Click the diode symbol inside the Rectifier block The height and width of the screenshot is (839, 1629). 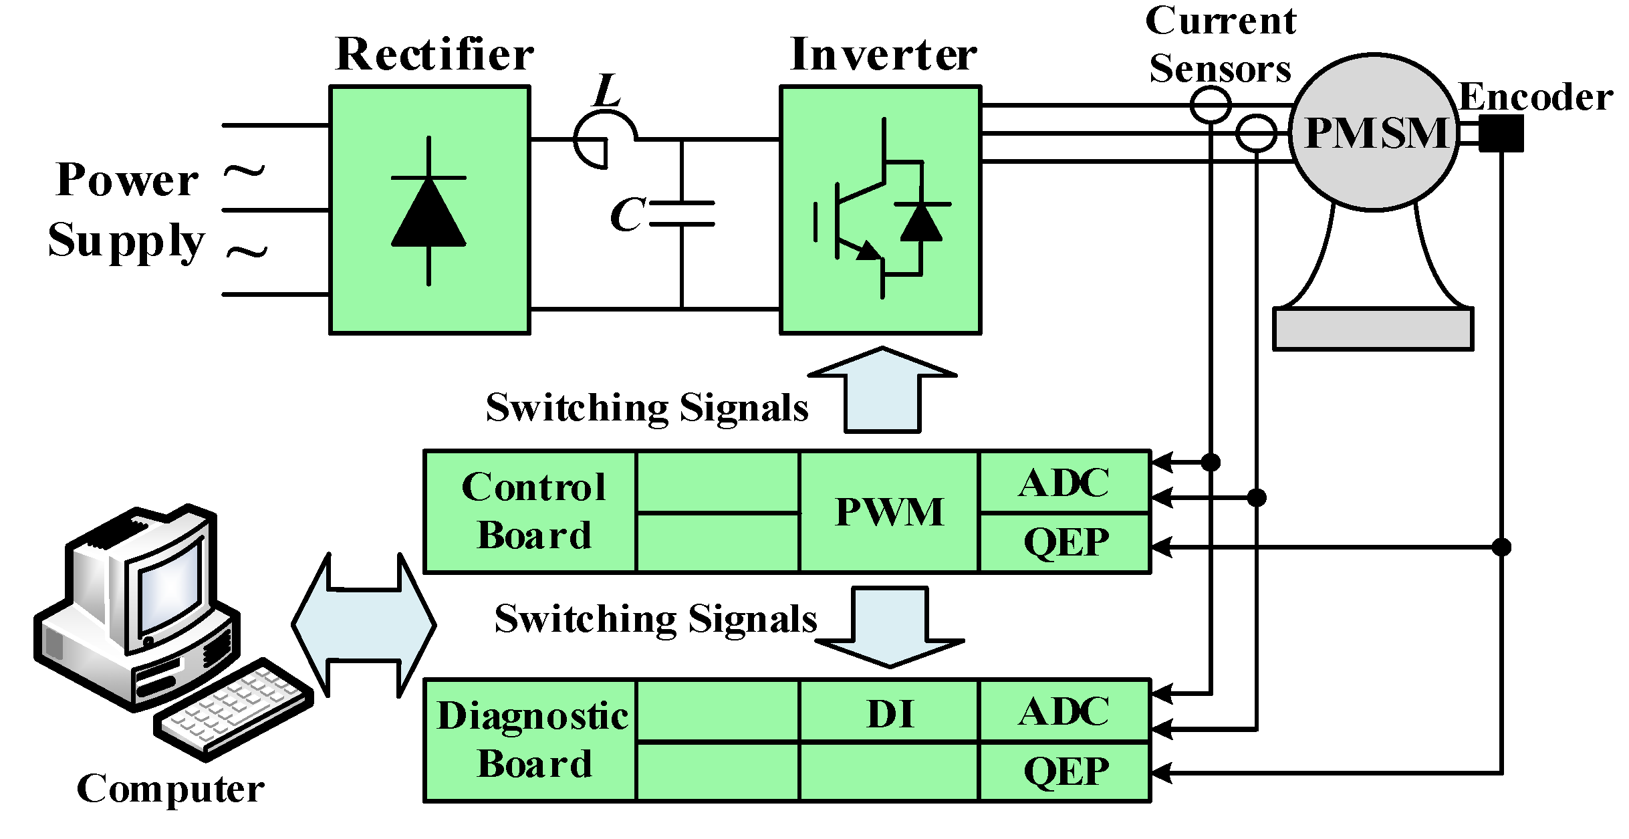tap(428, 211)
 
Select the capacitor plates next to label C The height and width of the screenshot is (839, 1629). tap(682, 213)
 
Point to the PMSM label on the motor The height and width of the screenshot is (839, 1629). tap(1376, 133)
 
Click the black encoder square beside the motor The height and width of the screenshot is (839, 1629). tap(1501, 133)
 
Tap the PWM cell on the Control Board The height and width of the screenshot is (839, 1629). tap(889, 512)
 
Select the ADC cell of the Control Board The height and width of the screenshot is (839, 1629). tap(1064, 483)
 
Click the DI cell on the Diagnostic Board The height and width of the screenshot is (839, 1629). tap(889, 713)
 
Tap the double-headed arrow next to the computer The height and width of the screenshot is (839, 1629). tap(364, 625)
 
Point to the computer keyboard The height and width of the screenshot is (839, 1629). tap(234, 709)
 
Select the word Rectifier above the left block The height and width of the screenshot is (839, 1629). tap(434, 55)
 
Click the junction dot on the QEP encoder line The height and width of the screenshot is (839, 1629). tap(1501, 547)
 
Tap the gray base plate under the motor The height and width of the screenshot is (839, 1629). tap(1373, 328)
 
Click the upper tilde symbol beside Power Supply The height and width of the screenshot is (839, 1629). tap(244, 172)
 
